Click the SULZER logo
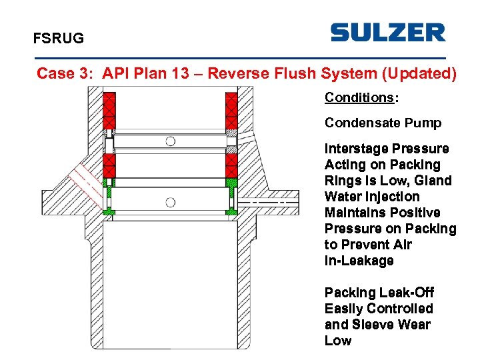tap(387, 32)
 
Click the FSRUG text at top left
tap(59, 39)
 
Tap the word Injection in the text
tap(394, 197)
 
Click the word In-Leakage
tap(359, 261)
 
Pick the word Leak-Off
tap(408, 293)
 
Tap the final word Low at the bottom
tap(338, 341)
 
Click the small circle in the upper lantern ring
tap(171, 141)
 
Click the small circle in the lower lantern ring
tap(171, 202)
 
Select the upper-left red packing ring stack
tap(109, 111)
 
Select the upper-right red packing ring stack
tap(231, 111)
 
